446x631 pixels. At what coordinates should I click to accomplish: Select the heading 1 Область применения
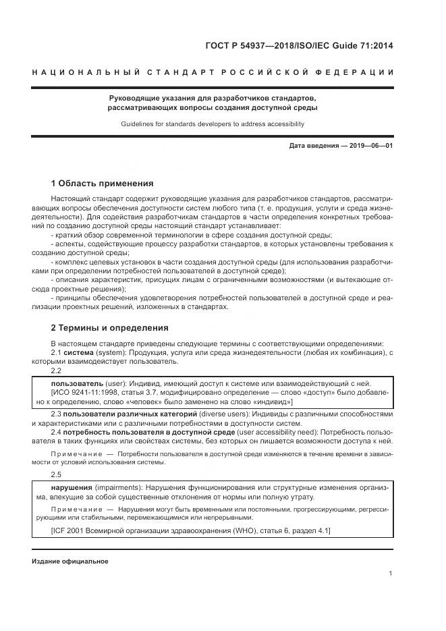point(103,184)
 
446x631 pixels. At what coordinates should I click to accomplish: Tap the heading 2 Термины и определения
point(109,328)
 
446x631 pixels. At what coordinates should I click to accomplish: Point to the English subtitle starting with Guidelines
point(213,124)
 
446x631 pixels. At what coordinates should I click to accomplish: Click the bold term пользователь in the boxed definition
point(78,382)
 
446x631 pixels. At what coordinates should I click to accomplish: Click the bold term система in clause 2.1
point(79,353)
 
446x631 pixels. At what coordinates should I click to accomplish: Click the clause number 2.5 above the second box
point(57,474)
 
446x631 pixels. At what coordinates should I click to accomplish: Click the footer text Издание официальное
point(69,561)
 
